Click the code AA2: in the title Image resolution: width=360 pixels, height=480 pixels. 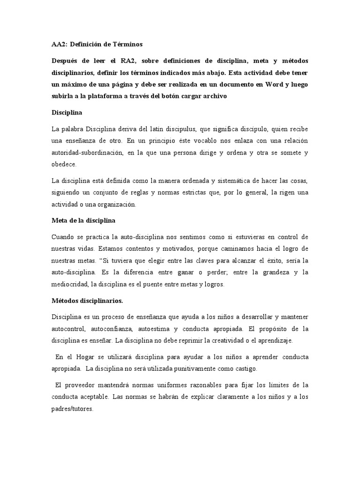pos(59,44)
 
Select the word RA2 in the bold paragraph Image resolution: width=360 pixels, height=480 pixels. pos(135,62)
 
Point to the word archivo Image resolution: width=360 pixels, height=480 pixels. pos(214,97)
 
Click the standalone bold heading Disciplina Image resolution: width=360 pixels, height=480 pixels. pos(67,113)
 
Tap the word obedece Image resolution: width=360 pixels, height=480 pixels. pos(63,165)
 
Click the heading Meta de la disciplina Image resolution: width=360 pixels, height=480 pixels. pos(83,220)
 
